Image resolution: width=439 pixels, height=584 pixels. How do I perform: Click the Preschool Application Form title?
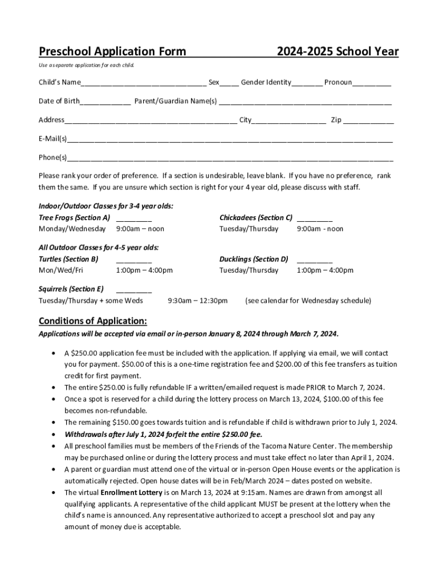click(x=112, y=52)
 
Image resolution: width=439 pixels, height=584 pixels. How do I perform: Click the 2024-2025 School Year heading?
click(x=338, y=52)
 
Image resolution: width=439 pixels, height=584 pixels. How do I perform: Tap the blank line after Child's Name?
click(x=144, y=83)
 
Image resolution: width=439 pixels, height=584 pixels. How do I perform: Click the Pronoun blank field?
click(x=372, y=83)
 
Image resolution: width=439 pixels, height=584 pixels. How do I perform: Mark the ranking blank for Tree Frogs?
click(x=134, y=218)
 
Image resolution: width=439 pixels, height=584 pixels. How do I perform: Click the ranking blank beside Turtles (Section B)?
click(x=134, y=259)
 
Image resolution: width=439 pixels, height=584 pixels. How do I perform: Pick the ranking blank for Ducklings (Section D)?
click(x=315, y=259)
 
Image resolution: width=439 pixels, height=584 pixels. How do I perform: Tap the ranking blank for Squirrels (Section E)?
click(x=134, y=290)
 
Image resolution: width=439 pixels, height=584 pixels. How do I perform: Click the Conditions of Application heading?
click(x=93, y=320)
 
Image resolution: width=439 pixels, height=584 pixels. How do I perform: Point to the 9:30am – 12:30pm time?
click(x=197, y=301)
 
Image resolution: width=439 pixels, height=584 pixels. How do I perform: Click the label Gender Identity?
click(x=266, y=83)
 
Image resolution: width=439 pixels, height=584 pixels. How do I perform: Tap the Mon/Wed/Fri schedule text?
click(x=61, y=270)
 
